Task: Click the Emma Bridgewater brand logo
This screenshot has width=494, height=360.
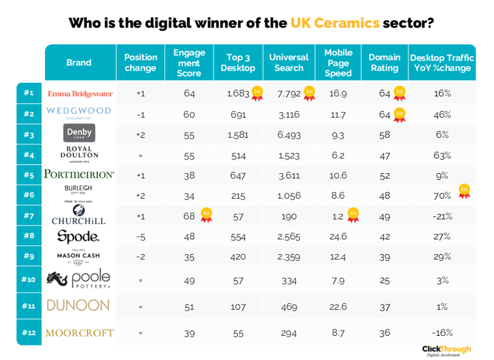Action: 80,93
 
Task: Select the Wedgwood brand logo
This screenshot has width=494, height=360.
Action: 79,112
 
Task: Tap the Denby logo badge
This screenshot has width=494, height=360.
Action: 79,133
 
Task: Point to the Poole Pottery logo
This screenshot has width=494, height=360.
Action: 79,279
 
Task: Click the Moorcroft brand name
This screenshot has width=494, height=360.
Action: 79,333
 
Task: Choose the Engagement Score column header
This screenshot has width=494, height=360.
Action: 189,63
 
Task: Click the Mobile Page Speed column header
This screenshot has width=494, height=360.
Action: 338,63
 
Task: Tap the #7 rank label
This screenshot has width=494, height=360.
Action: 28,215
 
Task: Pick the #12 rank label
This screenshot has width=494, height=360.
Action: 28,333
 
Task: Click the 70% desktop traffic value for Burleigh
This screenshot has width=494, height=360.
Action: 442,195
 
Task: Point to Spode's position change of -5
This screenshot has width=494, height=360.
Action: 140,236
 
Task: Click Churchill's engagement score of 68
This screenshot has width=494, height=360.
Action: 189,216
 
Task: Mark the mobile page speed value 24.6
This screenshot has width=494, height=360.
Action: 338,236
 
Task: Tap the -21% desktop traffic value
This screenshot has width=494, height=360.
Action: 442,216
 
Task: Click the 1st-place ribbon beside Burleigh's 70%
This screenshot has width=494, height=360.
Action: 463,191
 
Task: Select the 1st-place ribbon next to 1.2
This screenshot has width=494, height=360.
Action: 353,214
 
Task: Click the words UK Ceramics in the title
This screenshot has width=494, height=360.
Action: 335,24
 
